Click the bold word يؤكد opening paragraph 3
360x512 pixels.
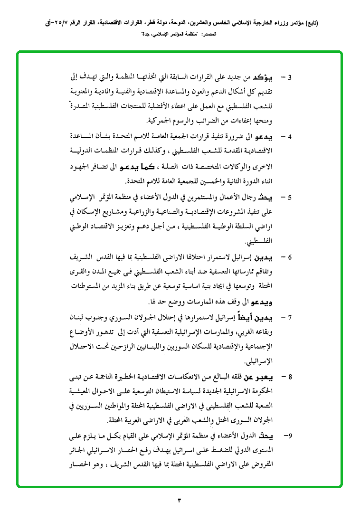[271, 77]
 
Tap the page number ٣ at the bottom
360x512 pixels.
[180, 499]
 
